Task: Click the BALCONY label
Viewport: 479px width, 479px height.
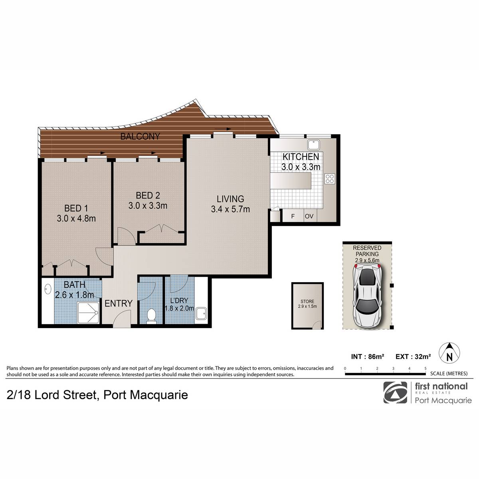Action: (140, 137)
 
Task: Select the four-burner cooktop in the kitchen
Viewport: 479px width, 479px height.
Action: (330, 179)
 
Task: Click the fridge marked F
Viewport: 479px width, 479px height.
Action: (293, 216)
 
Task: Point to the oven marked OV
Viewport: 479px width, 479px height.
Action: (309, 216)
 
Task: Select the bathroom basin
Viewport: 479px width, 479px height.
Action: (48, 289)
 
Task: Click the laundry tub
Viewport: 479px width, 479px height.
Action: (201, 313)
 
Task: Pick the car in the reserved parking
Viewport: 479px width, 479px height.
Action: (367, 296)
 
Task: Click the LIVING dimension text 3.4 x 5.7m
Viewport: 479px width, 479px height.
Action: (230, 209)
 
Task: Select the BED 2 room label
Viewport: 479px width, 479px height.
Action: (148, 195)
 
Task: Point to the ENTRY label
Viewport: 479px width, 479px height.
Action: (118, 303)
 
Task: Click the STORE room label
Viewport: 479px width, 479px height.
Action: (307, 301)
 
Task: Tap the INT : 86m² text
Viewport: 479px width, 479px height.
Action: (368, 356)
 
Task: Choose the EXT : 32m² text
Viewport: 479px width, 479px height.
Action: (413, 356)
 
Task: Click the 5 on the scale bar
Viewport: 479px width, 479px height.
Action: (425, 368)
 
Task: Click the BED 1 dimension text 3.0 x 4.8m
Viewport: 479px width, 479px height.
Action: (76, 218)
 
